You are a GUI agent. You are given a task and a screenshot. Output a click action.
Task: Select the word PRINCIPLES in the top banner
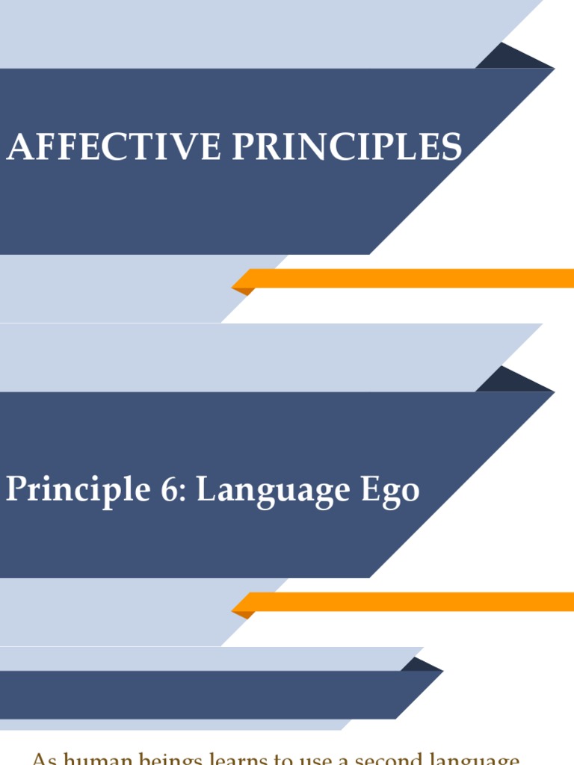pyautogui.click(x=347, y=147)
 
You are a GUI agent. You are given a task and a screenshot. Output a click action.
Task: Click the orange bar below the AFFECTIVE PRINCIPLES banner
pyautogui.click(x=411, y=279)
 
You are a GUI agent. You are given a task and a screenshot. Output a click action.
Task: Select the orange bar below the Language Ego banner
pyautogui.click(x=411, y=601)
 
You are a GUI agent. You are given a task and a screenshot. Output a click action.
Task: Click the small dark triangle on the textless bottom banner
pyautogui.click(x=419, y=665)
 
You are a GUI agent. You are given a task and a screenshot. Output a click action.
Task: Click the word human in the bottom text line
pyautogui.click(x=93, y=759)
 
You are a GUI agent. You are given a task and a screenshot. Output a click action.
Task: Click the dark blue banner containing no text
pyautogui.click(x=202, y=695)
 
